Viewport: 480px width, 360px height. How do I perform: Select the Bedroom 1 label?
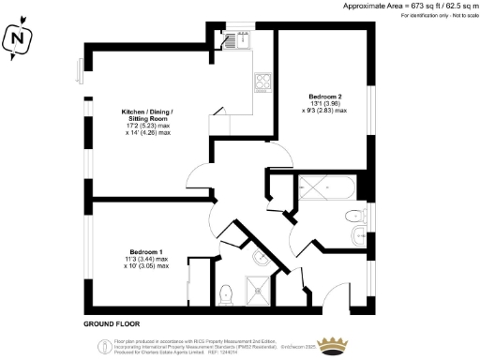click(x=147, y=252)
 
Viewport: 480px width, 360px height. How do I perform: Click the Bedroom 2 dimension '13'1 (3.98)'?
click(x=327, y=104)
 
